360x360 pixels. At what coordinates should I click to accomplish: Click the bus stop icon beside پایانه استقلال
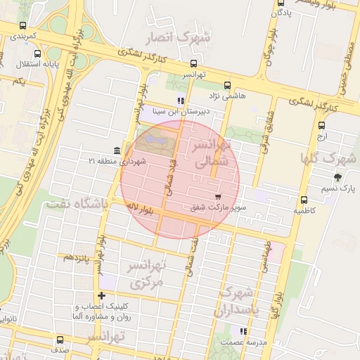click(x=37, y=53)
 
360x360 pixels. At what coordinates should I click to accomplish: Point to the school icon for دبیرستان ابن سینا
click(x=181, y=100)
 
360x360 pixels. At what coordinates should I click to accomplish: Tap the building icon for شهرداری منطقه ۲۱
click(x=116, y=151)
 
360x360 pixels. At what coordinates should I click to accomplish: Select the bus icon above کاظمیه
click(x=303, y=200)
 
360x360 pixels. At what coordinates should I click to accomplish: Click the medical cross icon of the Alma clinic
click(x=103, y=296)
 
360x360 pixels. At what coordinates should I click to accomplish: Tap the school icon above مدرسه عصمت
click(x=243, y=330)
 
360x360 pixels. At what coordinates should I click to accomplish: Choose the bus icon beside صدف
click(x=59, y=340)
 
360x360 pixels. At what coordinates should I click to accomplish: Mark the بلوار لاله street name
click(x=141, y=207)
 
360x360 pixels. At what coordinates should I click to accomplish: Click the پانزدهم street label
click(x=77, y=257)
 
